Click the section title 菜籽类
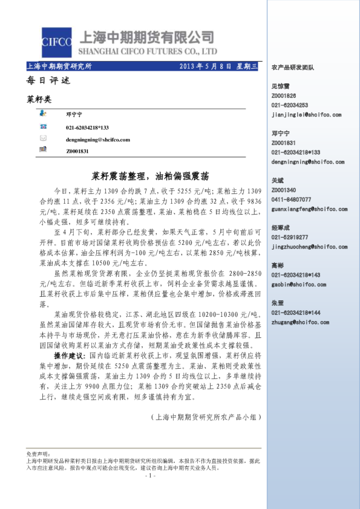39,97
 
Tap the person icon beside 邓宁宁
43,113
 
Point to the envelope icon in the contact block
43,138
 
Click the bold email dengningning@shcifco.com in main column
98,139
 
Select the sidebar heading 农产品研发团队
293,68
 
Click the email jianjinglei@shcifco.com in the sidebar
307,113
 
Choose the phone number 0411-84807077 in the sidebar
291,199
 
